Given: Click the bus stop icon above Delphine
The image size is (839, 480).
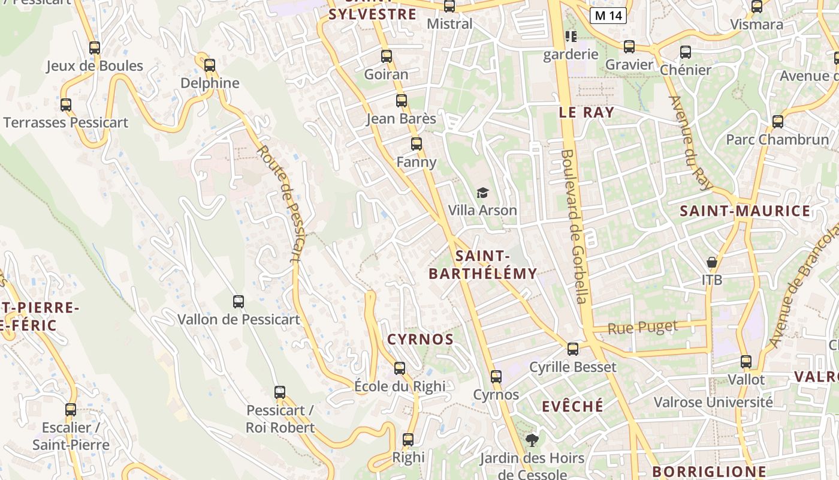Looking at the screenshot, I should click(209, 65).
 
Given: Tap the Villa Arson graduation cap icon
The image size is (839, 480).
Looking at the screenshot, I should click(482, 193).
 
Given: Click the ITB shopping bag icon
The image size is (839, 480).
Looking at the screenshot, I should click(711, 262).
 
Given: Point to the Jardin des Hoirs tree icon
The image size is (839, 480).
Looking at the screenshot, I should click(532, 441).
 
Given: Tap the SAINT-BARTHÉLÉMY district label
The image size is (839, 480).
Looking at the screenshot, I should click(482, 265).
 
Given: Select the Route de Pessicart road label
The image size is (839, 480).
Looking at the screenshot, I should click(286, 204).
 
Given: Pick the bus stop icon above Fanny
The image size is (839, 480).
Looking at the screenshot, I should click(417, 144).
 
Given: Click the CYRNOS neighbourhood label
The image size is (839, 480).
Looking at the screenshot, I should click(420, 339).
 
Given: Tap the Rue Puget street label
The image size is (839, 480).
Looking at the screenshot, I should click(642, 328).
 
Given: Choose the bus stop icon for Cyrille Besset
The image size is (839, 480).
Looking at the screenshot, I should click(573, 349).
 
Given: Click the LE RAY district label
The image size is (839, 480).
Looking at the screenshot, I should click(586, 112).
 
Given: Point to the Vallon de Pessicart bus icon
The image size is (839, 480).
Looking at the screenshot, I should click(239, 302).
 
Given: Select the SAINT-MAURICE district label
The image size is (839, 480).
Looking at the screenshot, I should click(745, 211).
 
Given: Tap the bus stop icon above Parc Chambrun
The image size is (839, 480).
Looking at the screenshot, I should click(777, 122).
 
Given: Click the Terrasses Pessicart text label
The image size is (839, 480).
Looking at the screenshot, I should click(66, 123).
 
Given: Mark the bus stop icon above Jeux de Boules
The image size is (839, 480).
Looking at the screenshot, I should click(95, 48).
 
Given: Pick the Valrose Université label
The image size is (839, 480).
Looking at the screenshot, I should click(713, 402).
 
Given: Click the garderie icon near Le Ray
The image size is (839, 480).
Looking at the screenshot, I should click(571, 37).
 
